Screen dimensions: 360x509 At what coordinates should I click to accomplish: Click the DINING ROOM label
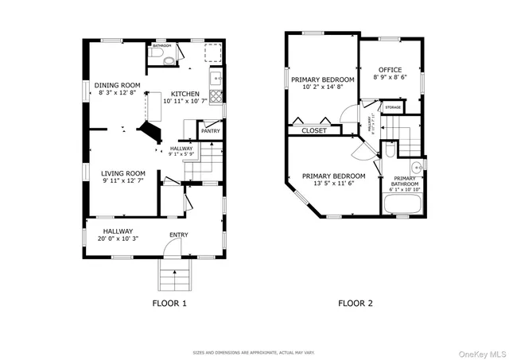coord(118,85)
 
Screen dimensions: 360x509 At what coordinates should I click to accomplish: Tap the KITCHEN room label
coord(185,94)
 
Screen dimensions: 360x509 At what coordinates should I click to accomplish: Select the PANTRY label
coord(210,131)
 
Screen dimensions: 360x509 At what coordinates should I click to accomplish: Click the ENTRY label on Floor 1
coord(179,234)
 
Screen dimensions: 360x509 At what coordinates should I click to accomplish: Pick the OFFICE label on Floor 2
coord(390,70)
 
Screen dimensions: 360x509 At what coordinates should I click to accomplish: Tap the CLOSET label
coord(313,130)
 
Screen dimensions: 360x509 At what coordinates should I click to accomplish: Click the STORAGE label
coord(393,106)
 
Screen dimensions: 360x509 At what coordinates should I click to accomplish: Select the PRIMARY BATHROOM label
coord(405,181)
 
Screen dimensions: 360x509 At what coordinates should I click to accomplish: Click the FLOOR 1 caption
coord(169,303)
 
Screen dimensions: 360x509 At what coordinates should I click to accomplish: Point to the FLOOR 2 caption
coord(356,303)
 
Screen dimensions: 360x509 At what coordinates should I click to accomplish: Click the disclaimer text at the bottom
coord(254,352)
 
